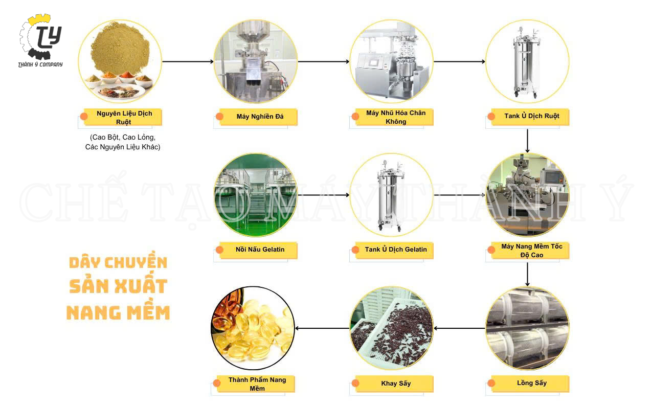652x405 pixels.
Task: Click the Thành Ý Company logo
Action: pos(40,40)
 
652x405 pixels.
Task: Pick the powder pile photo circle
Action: pos(120,61)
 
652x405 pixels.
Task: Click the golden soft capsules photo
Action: pos(253,328)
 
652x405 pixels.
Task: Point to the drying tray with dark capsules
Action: pos(392,328)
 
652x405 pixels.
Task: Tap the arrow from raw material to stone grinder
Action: pos(188,61)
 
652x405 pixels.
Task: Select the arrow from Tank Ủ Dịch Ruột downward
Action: pos(527,141)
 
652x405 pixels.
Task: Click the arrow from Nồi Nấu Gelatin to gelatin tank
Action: pos(323,195)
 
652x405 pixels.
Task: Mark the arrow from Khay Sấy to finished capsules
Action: pos(322,328)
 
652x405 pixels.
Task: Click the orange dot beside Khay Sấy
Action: pos(355,383)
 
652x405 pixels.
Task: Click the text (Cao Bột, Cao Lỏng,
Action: pos(123,137)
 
